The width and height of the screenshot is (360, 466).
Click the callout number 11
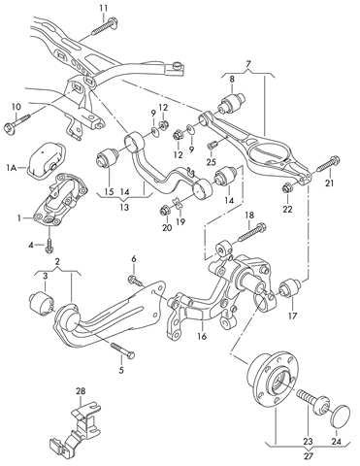pyautogui.click(x=104, y=7)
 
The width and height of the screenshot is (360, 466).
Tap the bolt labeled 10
pyautogui.click(x=16, y=123)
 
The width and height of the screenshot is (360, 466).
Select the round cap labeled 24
pyautogui.click(x=338, y=414)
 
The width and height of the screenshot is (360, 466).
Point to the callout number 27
pyautogui.click(x=309, y=456)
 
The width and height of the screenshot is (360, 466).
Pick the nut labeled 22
pyautogui.click(x=286, y=188)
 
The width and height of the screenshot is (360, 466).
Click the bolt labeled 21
pyautogui.click(x=328, y=163)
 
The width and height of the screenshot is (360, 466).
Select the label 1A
pyautogui.click(x=11, y=167)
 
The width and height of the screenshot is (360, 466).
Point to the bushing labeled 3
pyautogui.click(x=42, y=302)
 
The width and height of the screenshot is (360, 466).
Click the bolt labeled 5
pyautogui.click(x=123, y=350)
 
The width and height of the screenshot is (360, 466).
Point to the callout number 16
pyautogui.click(x=202, y=337)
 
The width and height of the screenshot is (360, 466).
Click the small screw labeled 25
pyautogui.click(x=213, y=145)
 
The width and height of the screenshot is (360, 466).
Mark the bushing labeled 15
pyautogui.click(x=109, y=157)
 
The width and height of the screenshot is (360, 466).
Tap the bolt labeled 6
pyautogui.click(x=135, y=281)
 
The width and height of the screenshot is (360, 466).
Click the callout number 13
pyautogui.click(x=124, y=207)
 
